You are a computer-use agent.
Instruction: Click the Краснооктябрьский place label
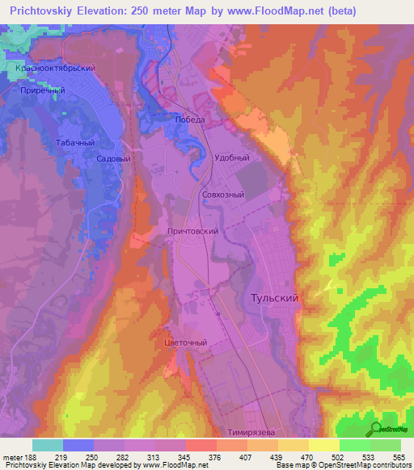[56, 69]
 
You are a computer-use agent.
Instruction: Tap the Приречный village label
[41, 91]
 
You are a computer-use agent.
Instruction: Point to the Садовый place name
[113, 159]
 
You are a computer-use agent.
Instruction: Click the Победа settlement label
[192, 120]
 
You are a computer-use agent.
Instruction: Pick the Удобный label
[230, 158]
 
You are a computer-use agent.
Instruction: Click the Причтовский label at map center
[192, 231]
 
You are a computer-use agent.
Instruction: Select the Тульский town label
[271, 298]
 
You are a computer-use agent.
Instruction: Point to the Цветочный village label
[186, 342]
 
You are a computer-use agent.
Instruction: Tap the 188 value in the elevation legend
[31, 457]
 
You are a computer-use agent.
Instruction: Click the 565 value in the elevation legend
[399, 457]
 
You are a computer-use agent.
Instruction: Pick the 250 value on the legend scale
[92, 457]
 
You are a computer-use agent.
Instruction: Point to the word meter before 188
[11, 457]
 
